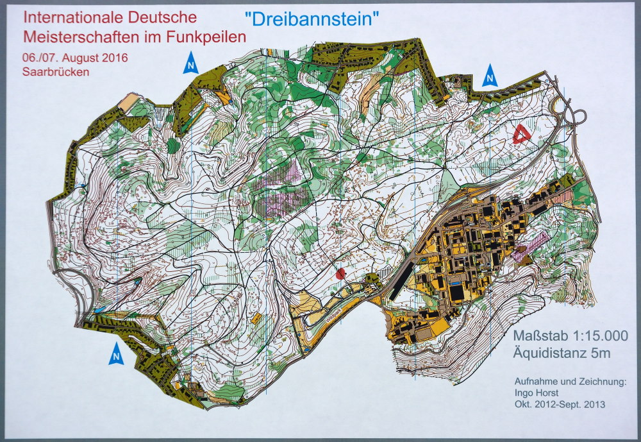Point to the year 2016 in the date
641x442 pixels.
[x=113, y=56]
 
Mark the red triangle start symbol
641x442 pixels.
[x=521, y=135]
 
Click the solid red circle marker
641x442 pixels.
[x=341, y=273]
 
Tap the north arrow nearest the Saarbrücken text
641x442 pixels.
[x=190, y=64]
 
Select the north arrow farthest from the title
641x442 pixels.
[x=116, y=353]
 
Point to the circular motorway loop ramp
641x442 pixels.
[x=576, y=116]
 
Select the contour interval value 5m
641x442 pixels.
[x=601, y=353]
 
